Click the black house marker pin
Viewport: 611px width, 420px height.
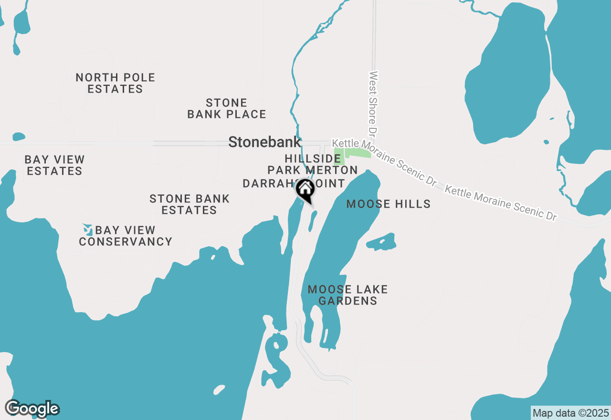(x=305, y=190)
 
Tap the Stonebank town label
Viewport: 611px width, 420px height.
(x=264, y=142)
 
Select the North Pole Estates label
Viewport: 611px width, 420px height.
(x=116, y=83)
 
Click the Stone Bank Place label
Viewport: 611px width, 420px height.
(x=227, y=108)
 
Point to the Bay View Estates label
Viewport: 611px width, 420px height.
(x=54, y=165)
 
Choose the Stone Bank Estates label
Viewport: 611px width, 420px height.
(x=190, y=204)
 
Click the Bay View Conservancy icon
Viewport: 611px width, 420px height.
(x=87, y=230)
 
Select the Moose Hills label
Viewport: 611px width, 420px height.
(x=388, y=204)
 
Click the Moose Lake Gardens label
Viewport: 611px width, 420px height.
(x=348, y=295)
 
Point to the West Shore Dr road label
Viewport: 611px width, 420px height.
(x=373, y=102)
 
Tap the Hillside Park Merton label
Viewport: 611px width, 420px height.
(x=313, y=164)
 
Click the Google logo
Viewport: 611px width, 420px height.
(x=32, y=409)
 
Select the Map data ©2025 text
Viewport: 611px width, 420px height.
(x=570, y=412)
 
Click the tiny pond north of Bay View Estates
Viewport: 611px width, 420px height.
(x=19, y=137)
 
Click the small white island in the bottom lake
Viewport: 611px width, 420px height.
(x=219, y=390)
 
